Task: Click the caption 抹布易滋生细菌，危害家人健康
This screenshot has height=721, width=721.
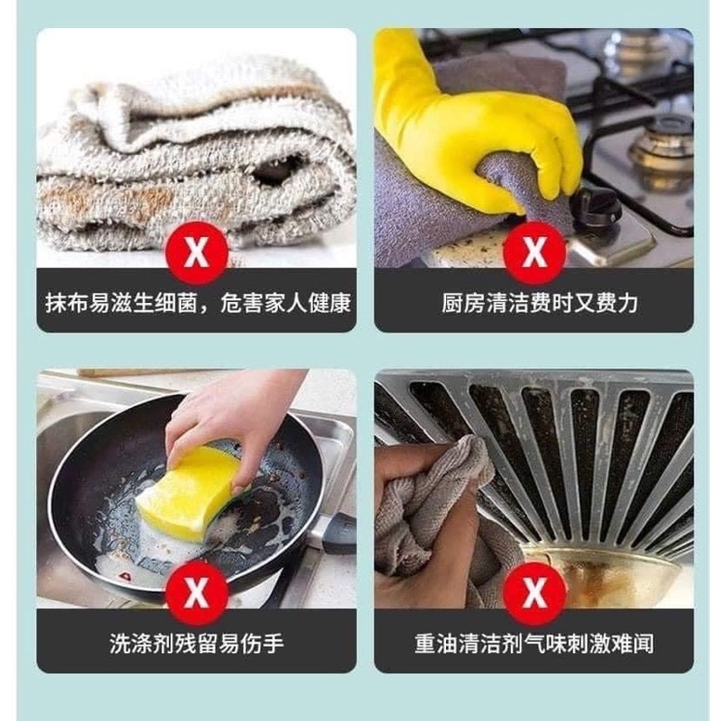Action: coord(196,303)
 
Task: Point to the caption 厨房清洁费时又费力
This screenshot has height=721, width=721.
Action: coord(533,303)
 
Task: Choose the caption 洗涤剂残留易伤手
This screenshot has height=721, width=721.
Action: coord(196,644)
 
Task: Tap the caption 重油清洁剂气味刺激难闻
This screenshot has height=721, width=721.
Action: coord(533,644)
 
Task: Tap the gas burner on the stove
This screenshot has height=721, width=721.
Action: coord(662,149)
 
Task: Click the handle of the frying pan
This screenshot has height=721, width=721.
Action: coord(334,533)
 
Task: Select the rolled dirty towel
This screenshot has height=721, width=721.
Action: coord(195,158)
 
